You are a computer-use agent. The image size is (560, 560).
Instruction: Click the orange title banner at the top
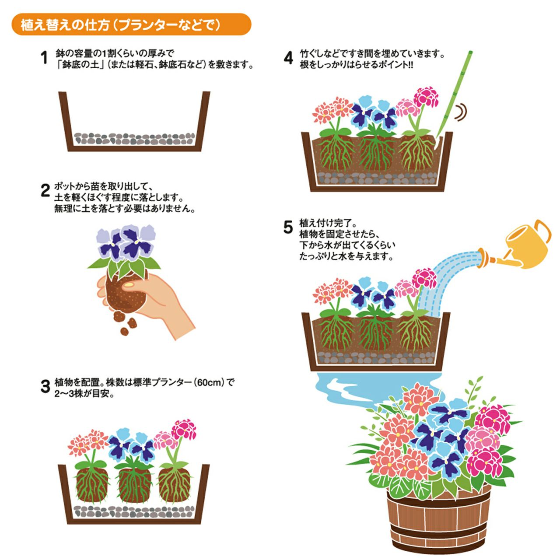(x=131, y=24)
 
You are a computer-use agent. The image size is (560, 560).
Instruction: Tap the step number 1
(x=44, y=58)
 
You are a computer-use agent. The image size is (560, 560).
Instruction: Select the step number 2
(x=45, y=191)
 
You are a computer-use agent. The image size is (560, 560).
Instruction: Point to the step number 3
(x=45, y=386)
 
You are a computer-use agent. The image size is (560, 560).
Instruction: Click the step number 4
(x=288, y=58)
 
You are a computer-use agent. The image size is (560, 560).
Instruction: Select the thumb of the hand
(x=136, y=286)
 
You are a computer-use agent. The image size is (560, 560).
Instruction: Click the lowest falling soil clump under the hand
(x=124, y=332)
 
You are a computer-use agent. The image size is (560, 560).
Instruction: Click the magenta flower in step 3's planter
(x=183, y=429)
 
